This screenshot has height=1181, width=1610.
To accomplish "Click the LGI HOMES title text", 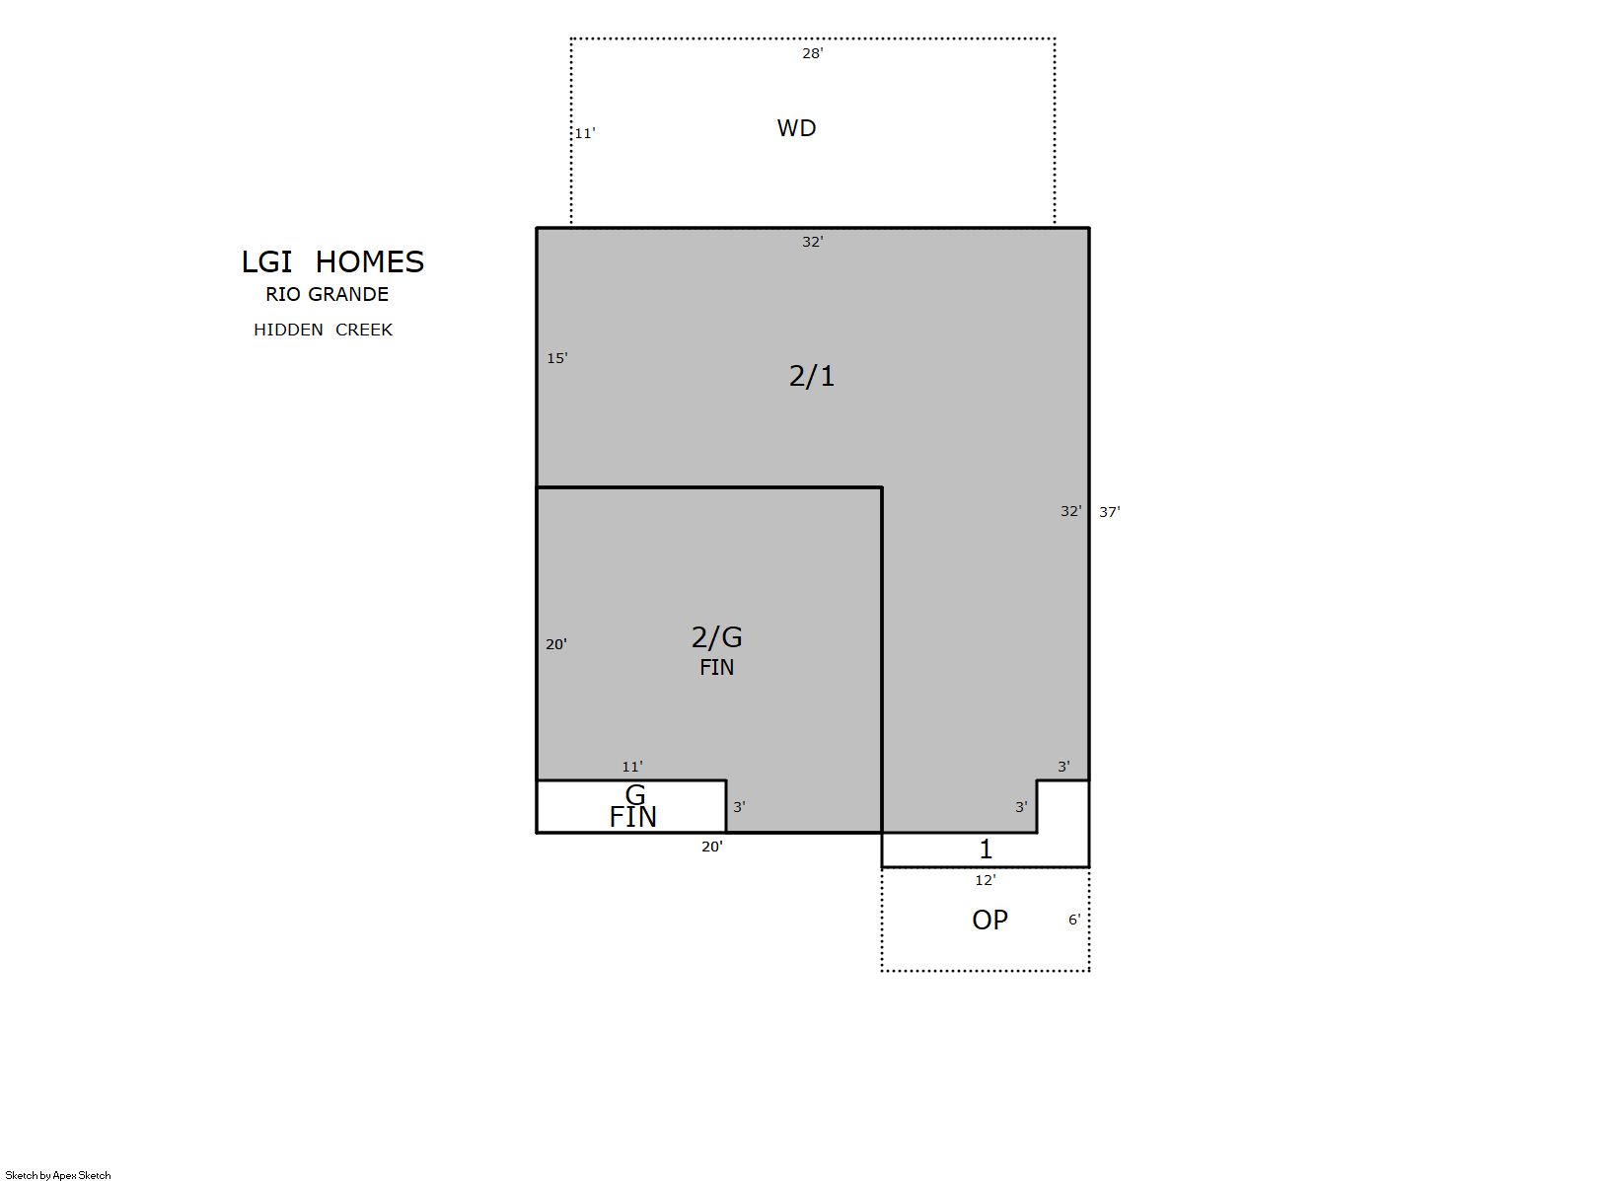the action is tap(332, 261).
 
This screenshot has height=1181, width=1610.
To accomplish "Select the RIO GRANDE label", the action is tap(328, 294).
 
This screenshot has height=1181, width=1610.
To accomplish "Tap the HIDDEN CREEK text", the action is tap(323, 330).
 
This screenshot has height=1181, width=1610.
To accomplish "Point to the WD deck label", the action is tap(796, 128).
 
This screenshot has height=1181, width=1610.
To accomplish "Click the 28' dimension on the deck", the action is tap(812, 53).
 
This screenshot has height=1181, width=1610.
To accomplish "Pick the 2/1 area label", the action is tap(812, 376).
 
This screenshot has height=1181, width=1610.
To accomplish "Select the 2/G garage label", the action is tap(716, 636).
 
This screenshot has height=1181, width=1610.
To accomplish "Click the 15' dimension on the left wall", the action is tap(557, 358).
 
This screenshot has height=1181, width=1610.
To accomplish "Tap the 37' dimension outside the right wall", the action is tap(1109, 512).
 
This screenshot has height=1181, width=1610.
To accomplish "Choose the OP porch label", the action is tap(989, 920).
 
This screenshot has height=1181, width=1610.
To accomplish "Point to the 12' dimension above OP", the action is tap(986, 880).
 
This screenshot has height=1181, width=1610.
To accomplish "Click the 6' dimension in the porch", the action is tap(1074, 920).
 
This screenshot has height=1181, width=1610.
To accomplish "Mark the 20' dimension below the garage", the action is tap(712, 847).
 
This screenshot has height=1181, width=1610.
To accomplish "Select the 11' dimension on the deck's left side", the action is tap(584, 133).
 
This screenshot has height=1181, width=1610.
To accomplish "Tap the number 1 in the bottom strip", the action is tap(987, 849).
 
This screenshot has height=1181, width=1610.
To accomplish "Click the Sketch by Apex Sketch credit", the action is tap(58, 1175).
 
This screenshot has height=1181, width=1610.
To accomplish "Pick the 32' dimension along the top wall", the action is tap(812, 242).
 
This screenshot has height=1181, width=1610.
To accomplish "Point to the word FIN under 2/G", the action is tap(716, 667).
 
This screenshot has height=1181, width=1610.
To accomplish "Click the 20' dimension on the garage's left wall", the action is tap(556, 644).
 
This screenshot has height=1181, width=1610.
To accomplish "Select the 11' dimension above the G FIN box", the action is tap(632, 767).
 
